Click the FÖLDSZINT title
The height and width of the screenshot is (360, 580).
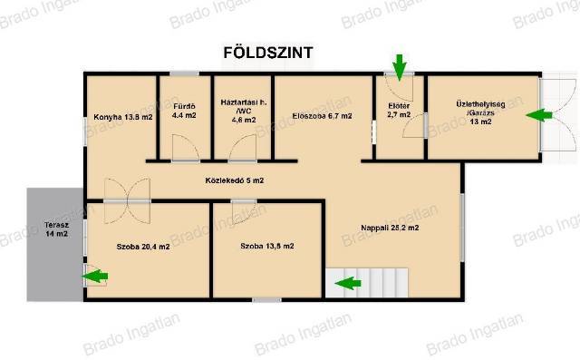point(268,53)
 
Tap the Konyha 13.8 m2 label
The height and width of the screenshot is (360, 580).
point(123,117)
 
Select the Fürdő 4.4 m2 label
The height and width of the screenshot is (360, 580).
point(184,111)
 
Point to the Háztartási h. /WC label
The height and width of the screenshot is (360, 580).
point(244,111)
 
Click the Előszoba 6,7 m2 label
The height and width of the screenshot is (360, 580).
point(322,116)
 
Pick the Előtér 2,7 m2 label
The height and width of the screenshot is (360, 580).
point(399,111)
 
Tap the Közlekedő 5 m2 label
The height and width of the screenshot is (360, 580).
point(235,180)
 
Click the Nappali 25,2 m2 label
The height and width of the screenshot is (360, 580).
point(390,228)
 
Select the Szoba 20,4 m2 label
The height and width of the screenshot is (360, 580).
point(143,247)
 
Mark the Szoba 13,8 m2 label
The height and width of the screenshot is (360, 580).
point(267,246)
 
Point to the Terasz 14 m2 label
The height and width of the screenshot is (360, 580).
point(56,229)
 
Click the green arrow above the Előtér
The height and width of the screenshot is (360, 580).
point(399,67)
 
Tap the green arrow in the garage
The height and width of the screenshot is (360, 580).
point(539,115)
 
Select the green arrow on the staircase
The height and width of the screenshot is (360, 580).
point(348,284)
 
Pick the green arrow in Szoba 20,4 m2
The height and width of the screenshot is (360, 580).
point(95,276)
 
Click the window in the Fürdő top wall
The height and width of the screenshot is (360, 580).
point(185,73)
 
